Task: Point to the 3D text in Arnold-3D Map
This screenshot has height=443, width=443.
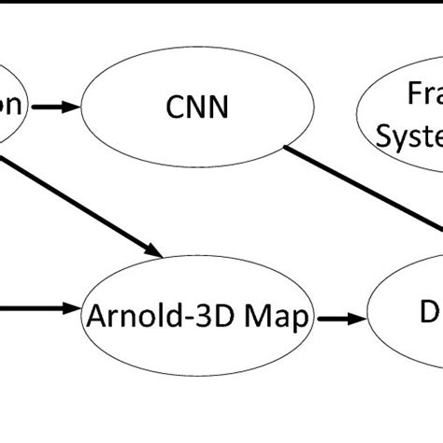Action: point(218,318)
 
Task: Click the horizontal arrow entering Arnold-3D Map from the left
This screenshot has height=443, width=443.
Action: point(37,307)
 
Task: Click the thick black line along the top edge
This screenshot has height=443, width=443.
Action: point(221,3)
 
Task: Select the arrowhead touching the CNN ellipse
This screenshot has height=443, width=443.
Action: point(72,109)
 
